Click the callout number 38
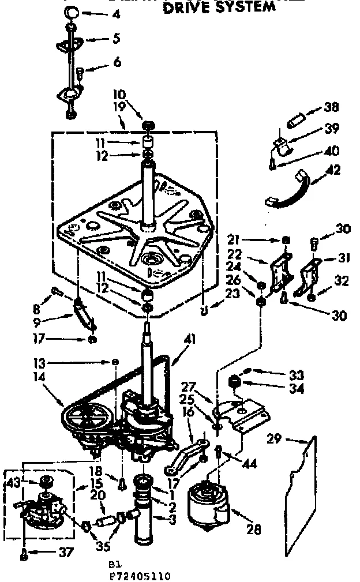pyautogui.click(x=332, y=107)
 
